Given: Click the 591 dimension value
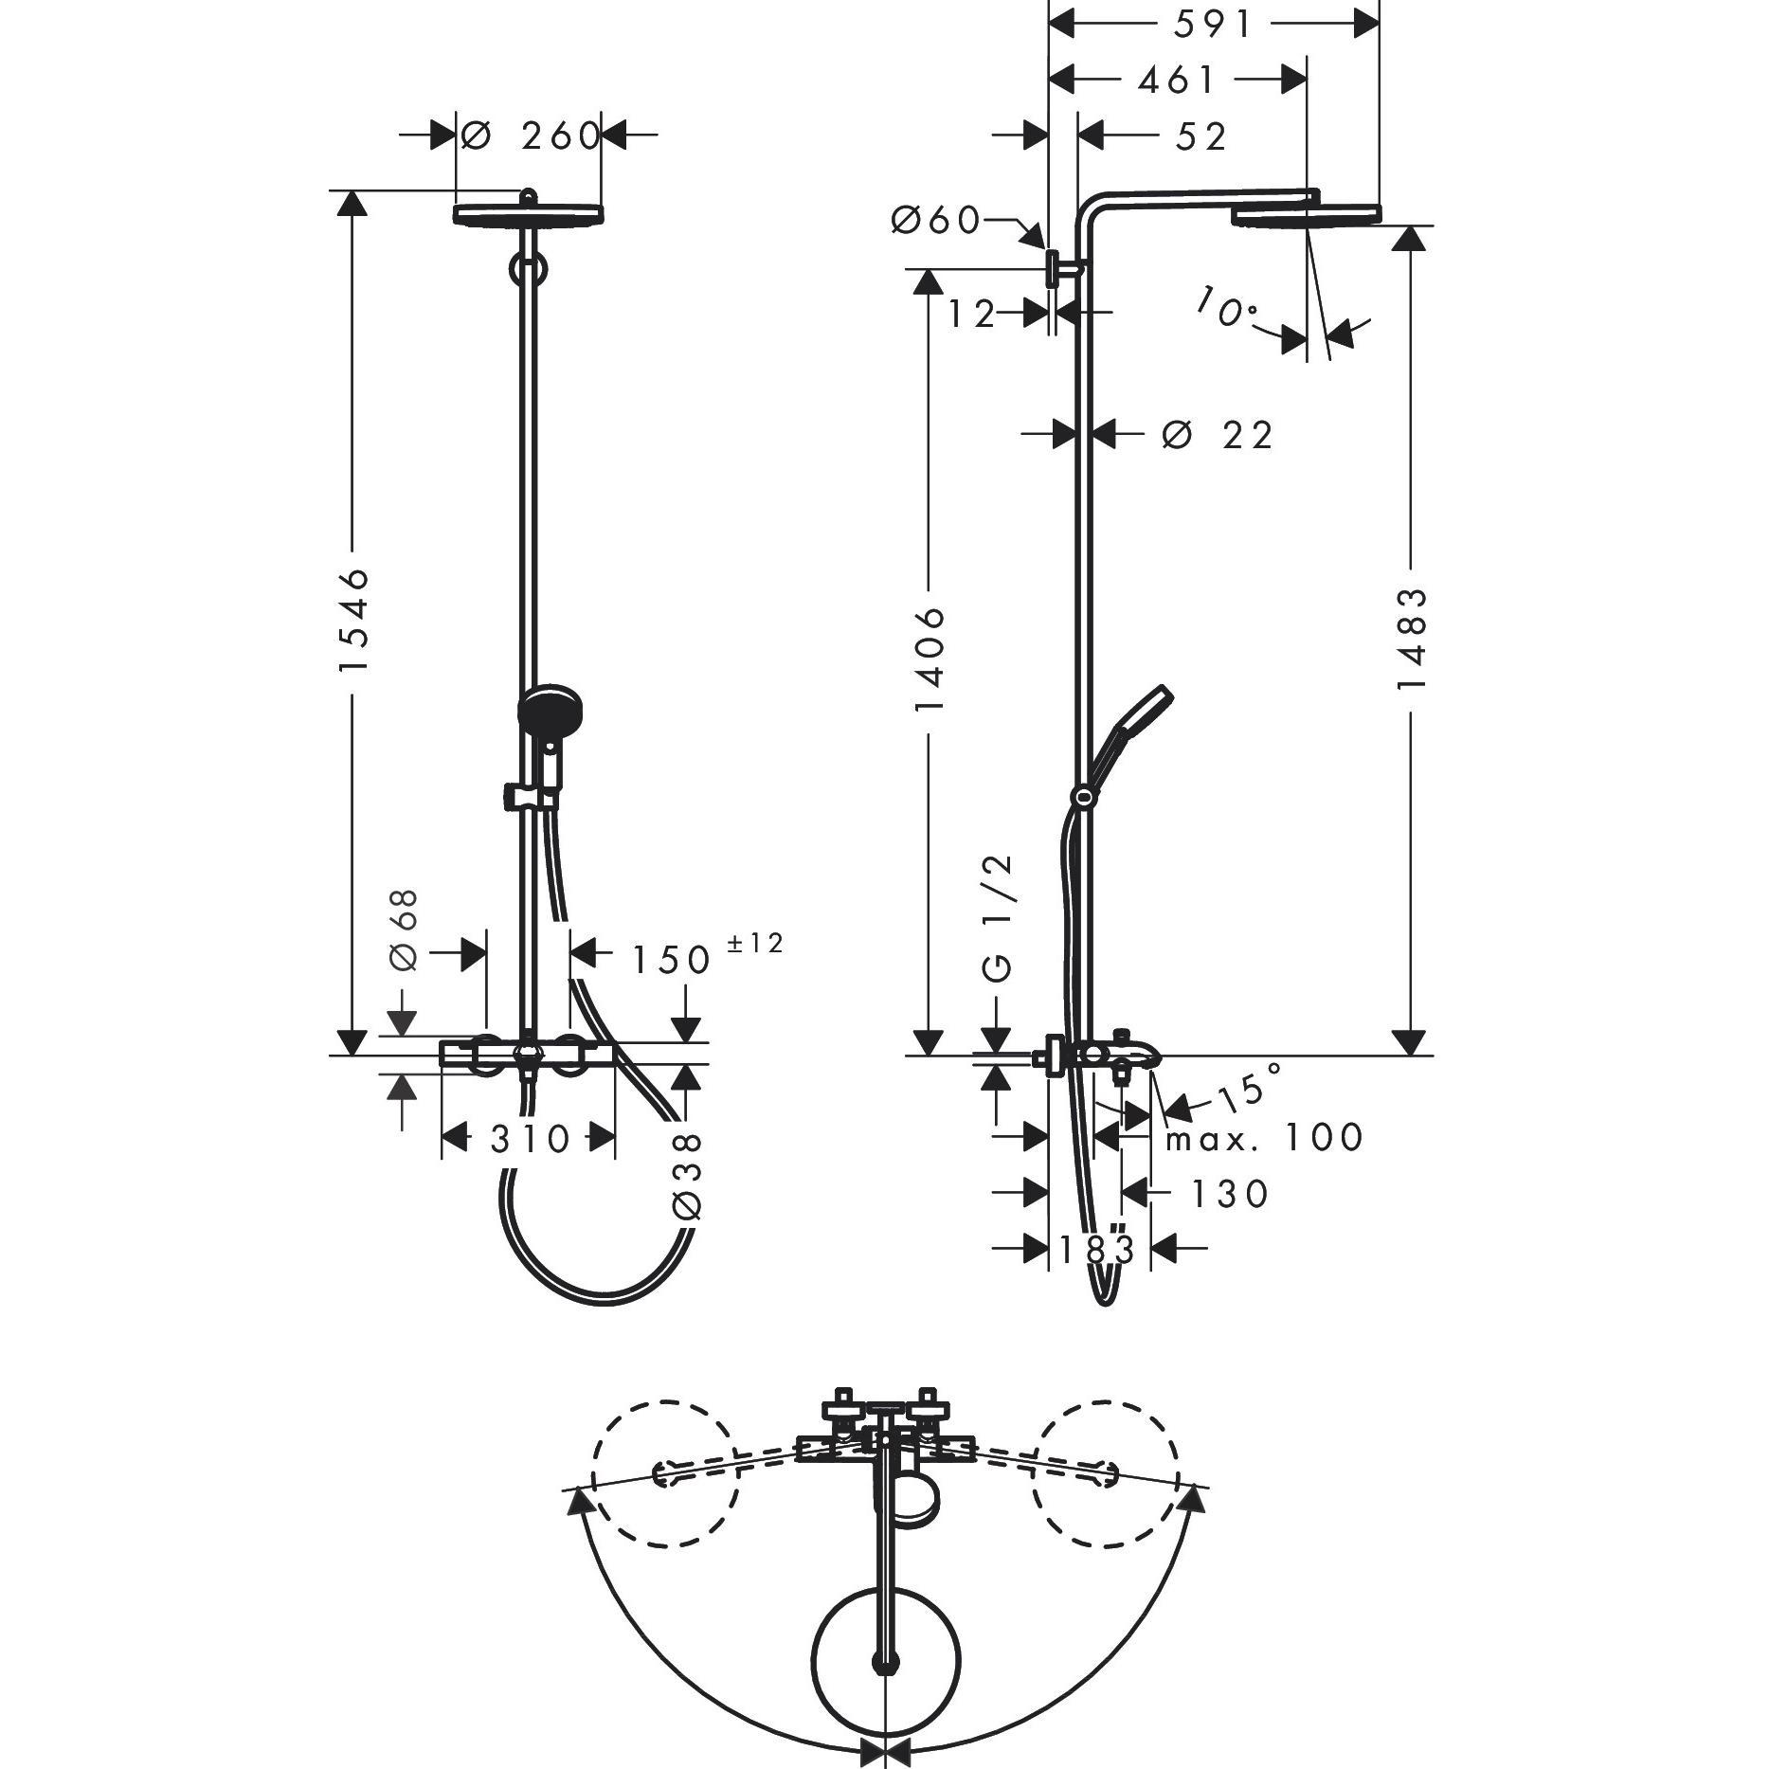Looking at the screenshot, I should [x=1213, y=26].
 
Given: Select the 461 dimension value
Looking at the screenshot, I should [x=1176, y=81].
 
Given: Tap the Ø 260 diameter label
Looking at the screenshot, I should [x=531, y=136].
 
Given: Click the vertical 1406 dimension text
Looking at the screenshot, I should [x=930, y=659].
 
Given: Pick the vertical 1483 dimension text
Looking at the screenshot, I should [x=1413, y=638].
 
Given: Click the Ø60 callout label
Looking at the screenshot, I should [x=935, y=220].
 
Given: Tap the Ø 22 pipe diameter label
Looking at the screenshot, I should [x=1218, y=435].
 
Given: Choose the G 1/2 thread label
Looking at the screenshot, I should [x=1000, y=917].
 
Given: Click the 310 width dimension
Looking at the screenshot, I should [x=531, y=1138].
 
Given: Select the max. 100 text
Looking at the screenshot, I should [x=1263, y=1137].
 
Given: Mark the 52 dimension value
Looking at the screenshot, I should [x=1200, y=136].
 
